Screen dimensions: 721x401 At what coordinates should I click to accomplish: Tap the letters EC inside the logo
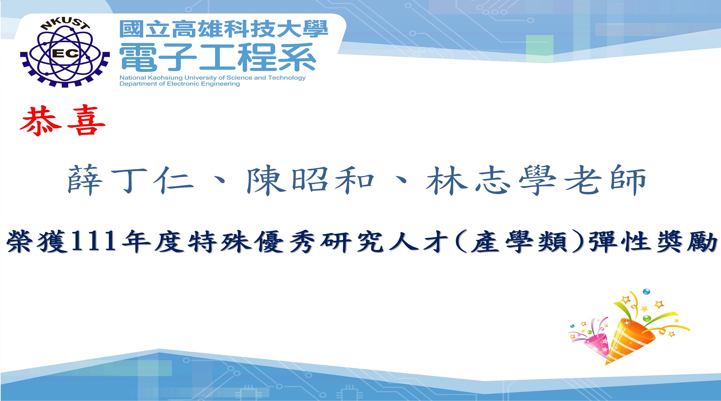click(x=65, y=53)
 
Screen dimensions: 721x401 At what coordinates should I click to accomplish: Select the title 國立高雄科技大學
click(x=224, y=29)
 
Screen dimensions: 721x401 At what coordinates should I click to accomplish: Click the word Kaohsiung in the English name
click(x=165, y=78)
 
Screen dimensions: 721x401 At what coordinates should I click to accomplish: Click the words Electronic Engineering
click(x=204, y=84)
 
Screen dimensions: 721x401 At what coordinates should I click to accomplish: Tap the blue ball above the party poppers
click(x=646, y=292)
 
